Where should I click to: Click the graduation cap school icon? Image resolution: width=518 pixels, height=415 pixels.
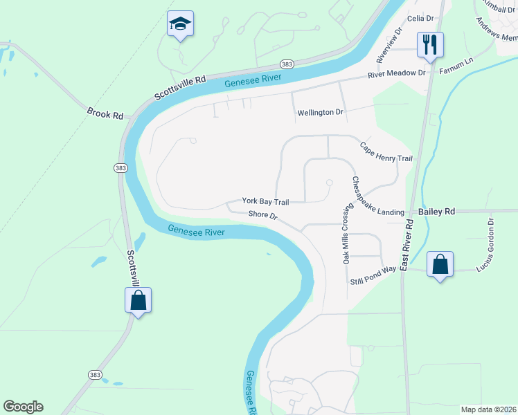pyautogui.click(x=180, y=24)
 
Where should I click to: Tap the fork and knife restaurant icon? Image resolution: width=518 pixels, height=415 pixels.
pyautogui.click(x=429, y=45)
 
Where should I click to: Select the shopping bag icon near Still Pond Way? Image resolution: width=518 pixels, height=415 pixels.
pyautogui.click(x=440, y=264)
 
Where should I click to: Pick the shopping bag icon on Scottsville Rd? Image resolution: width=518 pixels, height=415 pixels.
pyautogui.click(x=138, y=300)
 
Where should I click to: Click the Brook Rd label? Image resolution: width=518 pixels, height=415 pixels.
pyautogui.click(x=105, y=112)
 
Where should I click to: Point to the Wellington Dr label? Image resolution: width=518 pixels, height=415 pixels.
pyautogui.click(x=320, y=112)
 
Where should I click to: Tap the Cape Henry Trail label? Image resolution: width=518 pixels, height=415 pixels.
pyautogui.click(x=386, y=152)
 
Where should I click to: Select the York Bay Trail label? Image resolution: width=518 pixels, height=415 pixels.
pyautogui.click(x=265, y=201)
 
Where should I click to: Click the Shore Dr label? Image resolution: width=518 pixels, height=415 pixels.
pyautogui.click(x=264, y=216)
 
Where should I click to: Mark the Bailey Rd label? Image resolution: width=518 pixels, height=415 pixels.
pyautogui.click(x=436, y=211)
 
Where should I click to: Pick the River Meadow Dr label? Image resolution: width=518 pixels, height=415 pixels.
pyautogui.click(x=397, y=73)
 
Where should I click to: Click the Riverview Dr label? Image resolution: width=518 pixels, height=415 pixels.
pyautogui.click(x=388, y=42)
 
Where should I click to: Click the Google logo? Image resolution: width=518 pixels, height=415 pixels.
pyautogui.click(x=23, y=407)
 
